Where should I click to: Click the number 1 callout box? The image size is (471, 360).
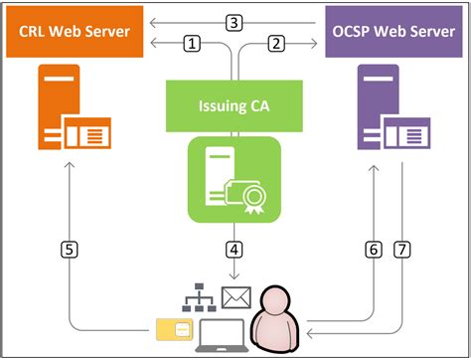coord(193,43)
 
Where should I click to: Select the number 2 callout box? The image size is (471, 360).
coord(277,43)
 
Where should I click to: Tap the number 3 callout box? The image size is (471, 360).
coord(235,21)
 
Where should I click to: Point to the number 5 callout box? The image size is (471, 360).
coord(67,251)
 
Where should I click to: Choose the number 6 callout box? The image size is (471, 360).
coord(375,251)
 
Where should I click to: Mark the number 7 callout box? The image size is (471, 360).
coord(401,251)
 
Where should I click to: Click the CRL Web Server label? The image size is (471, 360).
coord(76,32)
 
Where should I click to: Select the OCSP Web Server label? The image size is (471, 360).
coord(394,32)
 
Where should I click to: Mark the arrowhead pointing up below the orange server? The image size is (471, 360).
coord(67,170)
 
